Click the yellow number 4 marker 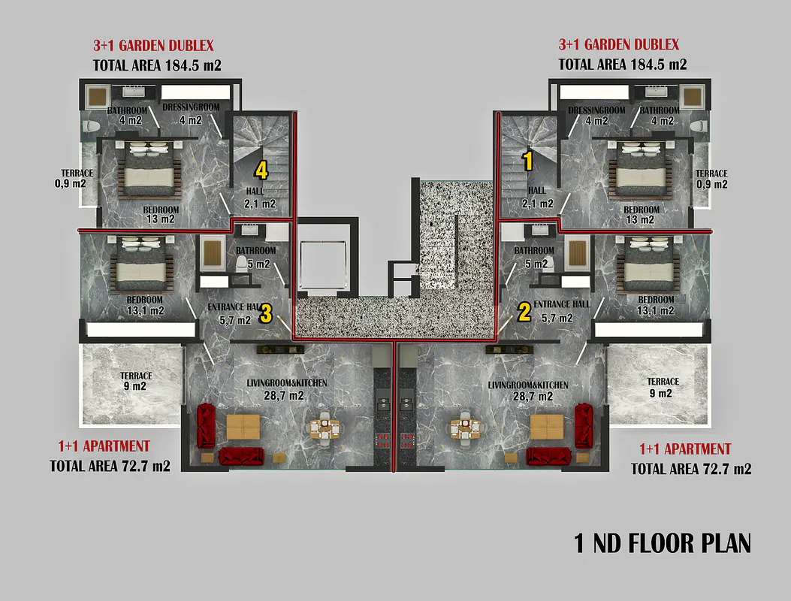[x=261, y=171]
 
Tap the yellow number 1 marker [x=527, y=161]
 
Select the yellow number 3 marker [x=266, y=314]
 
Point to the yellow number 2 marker [x=524, y=312]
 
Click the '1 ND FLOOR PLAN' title [x=663, y=543]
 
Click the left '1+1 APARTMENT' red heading [x=104, y=446]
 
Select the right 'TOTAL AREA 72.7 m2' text [x=691, y=469]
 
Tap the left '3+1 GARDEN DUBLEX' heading [x=153, y=45]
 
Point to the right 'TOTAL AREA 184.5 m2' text [x=623, y=65]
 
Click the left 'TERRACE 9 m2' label [x=136, y=381]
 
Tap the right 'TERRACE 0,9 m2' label [x=712, y=179]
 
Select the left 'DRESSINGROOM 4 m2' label [x=191, y=113]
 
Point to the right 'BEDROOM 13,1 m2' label [x=656, y=305]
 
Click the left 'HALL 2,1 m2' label [x=260, y=198]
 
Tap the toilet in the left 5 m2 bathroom [x=242, y=262]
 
